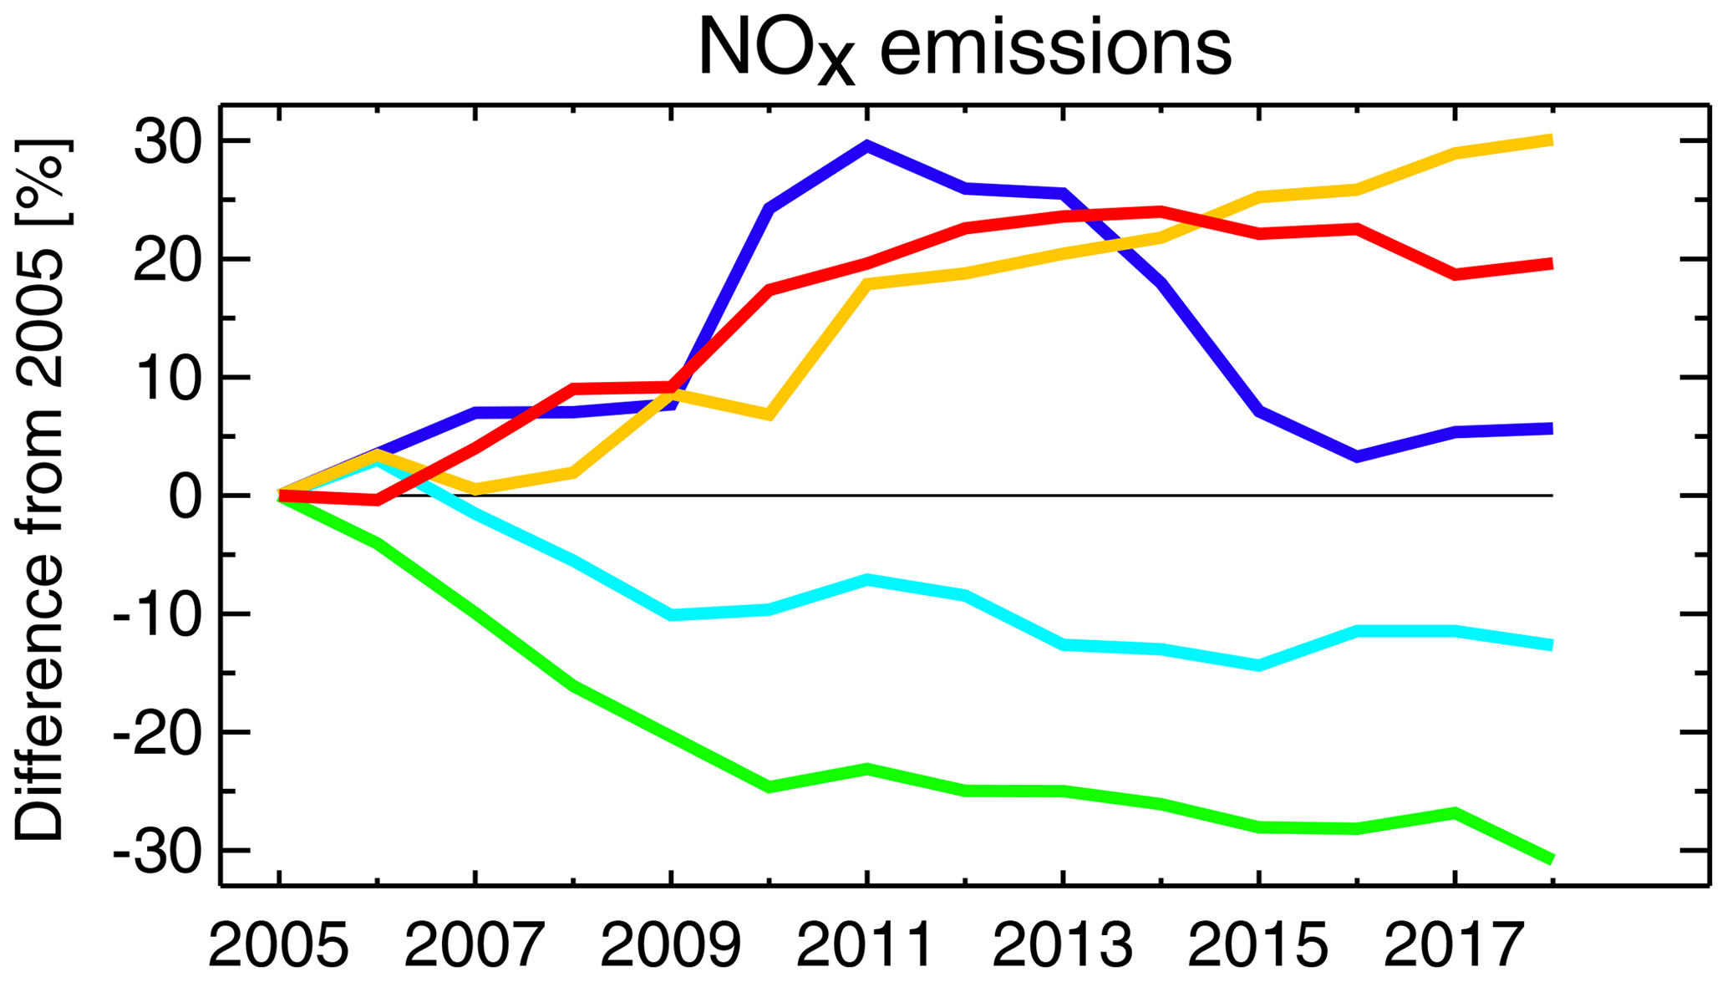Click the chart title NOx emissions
pos(964,48)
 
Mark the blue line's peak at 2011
pos(867,145)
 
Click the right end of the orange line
pos(1551,140)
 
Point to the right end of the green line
pos(1551,859)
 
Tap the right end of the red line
pos(1551,264)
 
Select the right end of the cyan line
pos(1551,644)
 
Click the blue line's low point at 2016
pos(1356,456)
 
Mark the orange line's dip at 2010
pos(769,415)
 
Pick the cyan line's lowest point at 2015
pos(1258,665)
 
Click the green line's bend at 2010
pos(769,786)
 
